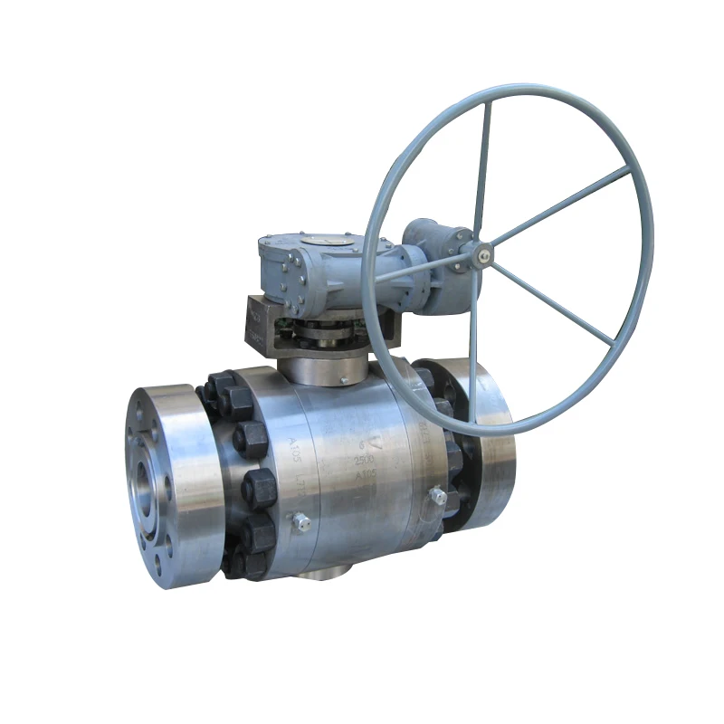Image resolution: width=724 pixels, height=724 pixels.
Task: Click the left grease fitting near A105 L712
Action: (x=300, y=523)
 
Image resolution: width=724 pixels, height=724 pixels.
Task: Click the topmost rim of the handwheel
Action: (x=507, y=88)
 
